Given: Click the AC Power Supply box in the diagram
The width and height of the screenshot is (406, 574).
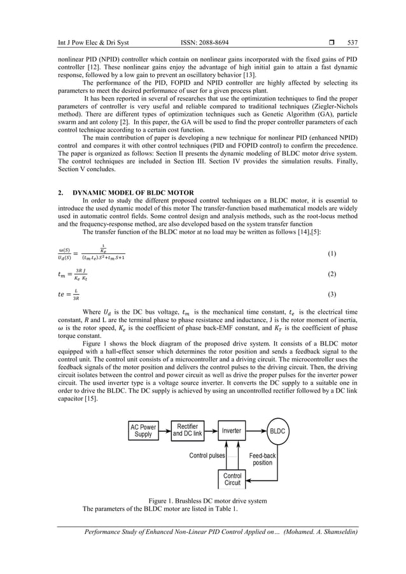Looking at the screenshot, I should [143, 430].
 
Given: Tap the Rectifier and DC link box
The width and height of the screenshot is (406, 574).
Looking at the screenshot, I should [188, 430].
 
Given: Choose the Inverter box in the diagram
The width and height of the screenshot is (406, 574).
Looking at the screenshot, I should [232, 431].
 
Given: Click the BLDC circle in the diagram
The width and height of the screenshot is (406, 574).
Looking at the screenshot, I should [277, 431].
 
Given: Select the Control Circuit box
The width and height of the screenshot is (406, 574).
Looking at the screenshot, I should [232, 479].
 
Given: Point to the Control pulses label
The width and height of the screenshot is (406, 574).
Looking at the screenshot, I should [208, 456].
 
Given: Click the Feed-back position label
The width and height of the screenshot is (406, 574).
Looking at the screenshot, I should [262, 459].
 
